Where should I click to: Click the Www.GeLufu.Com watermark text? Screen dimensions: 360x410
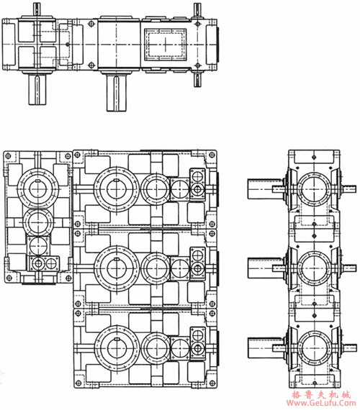(321, 403)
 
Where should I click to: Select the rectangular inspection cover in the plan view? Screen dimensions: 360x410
(165, 44)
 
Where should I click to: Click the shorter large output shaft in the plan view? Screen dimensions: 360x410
(37, 89)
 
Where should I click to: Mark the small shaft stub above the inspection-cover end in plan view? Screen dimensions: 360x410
(197, 10)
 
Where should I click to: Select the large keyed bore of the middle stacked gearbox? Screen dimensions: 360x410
(117, 268)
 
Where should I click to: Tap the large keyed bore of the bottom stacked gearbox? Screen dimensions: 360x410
(117, 347)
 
